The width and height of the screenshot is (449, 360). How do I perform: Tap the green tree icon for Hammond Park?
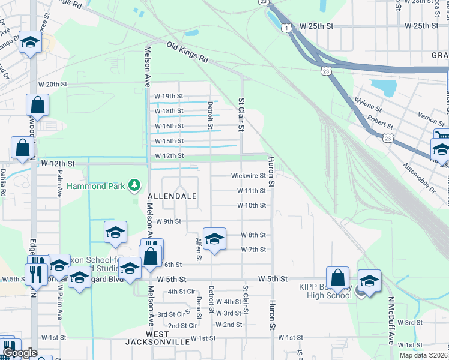pos(136,186)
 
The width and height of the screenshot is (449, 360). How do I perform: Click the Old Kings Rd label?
pos(187,52)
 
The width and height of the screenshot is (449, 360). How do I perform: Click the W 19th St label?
pos(168,96)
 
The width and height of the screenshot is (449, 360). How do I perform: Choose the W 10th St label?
pos(251,205)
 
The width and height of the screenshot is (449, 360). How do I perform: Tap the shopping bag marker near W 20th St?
pos(38,105)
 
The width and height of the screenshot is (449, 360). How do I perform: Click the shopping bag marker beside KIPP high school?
pos(338,278)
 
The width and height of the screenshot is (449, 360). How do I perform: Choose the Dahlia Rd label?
pos(3,186)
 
